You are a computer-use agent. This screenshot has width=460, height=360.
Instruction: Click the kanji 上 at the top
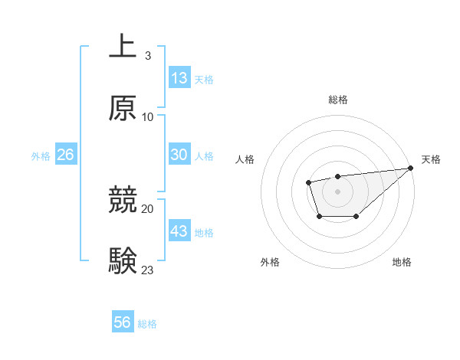(x=123, y=46)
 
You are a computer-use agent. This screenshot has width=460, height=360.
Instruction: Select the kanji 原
(x=123, y=109)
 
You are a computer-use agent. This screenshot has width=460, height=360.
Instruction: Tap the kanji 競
(x=123, y=200)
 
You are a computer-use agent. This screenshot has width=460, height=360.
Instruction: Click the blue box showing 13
(x=179, y=77)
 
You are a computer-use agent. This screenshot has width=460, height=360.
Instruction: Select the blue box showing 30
(x=179, y=154)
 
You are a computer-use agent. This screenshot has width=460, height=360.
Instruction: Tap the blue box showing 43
(x=179, y=231)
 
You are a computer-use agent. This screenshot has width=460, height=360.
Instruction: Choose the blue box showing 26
(x=65, y=155)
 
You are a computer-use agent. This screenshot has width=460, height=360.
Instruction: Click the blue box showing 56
(x=123, y=322)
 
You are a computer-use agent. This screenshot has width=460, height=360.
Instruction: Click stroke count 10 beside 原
(x=148, y=117)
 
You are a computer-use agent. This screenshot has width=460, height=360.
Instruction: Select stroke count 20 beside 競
(x=148, y=208)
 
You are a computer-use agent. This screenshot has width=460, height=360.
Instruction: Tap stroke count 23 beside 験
(x=148, y=270)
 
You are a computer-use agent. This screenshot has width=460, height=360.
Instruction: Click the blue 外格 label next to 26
(x=41, y=155)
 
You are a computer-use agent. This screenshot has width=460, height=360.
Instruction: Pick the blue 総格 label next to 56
(x=147, y=324)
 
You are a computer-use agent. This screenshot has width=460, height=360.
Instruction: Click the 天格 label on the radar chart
(x=431, y=159)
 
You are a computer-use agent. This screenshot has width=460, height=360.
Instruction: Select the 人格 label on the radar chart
(x=245, y=159)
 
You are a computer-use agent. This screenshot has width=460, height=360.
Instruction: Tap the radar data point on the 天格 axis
(x=410, y=168)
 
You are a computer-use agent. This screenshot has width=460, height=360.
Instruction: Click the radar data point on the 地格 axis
(x=356, y=217)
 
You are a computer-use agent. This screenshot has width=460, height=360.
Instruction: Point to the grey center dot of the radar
(x=337, y=191)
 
